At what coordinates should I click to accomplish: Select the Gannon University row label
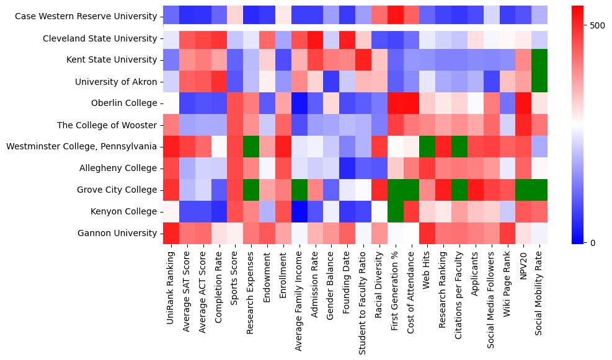tap(118, 233)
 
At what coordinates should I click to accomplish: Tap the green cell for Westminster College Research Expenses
tap(251, 146)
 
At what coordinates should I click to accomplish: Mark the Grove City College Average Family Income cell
tap(299, 190)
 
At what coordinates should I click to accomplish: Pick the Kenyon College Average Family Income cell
tap(299, 211)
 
